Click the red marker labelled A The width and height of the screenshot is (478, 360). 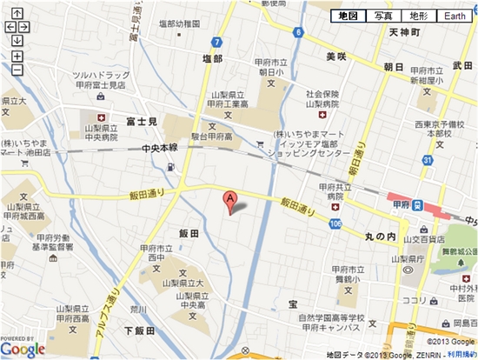pyautogui.click(x=230, y=199)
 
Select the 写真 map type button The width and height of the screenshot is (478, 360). pyautogui.click(x=382, y=16)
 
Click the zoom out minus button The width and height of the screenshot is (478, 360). pyautogui.click(x=17, y=69)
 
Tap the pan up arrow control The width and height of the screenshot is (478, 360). pyautogui.click(x=17, y=15)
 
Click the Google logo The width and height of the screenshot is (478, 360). pyautogui.click(x=23, y=349)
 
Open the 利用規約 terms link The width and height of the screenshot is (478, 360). pyautogui.click(x=462, y=355)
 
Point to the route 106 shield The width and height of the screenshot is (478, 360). pyautogui.click(x=335, y=224)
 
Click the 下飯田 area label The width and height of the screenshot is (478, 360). pyautogui.click(x=138, y=330)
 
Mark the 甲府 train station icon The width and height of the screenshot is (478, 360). pyautogui.click(x=418, y=205)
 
